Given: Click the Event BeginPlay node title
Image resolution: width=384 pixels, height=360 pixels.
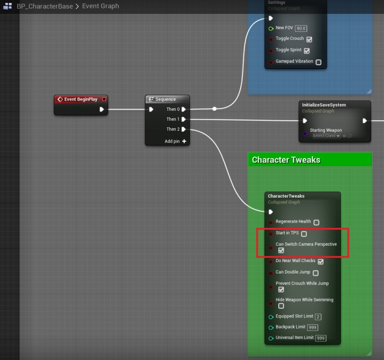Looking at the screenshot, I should click(81, 99).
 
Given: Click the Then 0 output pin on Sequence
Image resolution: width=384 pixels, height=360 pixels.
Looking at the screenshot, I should click(184, 109).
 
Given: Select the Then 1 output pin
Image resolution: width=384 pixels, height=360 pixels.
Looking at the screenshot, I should click(184, 119).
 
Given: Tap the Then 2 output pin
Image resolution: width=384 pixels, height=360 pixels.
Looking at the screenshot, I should click(184, 129).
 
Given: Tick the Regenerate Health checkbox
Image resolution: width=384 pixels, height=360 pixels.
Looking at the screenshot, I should click(316, 222).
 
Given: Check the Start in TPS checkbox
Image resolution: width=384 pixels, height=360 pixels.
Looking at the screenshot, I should click(304, 234).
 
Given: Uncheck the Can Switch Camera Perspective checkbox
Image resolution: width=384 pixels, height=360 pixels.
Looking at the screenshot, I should click(281, 250).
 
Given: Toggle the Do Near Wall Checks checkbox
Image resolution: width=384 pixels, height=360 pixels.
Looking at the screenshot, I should click(320, 262).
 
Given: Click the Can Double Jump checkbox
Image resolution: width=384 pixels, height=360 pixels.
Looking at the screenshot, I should click(316, 273).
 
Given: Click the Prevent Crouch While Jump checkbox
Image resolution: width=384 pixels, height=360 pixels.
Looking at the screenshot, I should click(281, 290).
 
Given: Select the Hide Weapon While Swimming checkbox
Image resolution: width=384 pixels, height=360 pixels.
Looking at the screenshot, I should click(281, 306).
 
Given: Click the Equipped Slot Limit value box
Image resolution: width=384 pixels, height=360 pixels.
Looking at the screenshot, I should click(318, 317).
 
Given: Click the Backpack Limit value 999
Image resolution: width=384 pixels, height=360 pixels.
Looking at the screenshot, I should click(313, 328).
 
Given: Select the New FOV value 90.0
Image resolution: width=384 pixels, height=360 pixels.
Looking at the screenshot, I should click(301, 28).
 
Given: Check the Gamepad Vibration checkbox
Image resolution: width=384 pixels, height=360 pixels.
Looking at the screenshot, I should click(319, 62).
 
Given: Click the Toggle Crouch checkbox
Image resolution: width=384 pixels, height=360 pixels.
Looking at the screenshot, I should click(309, 39).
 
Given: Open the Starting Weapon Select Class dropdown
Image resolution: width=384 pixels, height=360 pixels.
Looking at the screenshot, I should click(326, 136).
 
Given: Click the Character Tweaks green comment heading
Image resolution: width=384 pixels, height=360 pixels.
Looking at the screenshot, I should click(286, 160).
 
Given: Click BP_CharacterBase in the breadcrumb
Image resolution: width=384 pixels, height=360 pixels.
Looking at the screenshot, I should click(44, 6).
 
